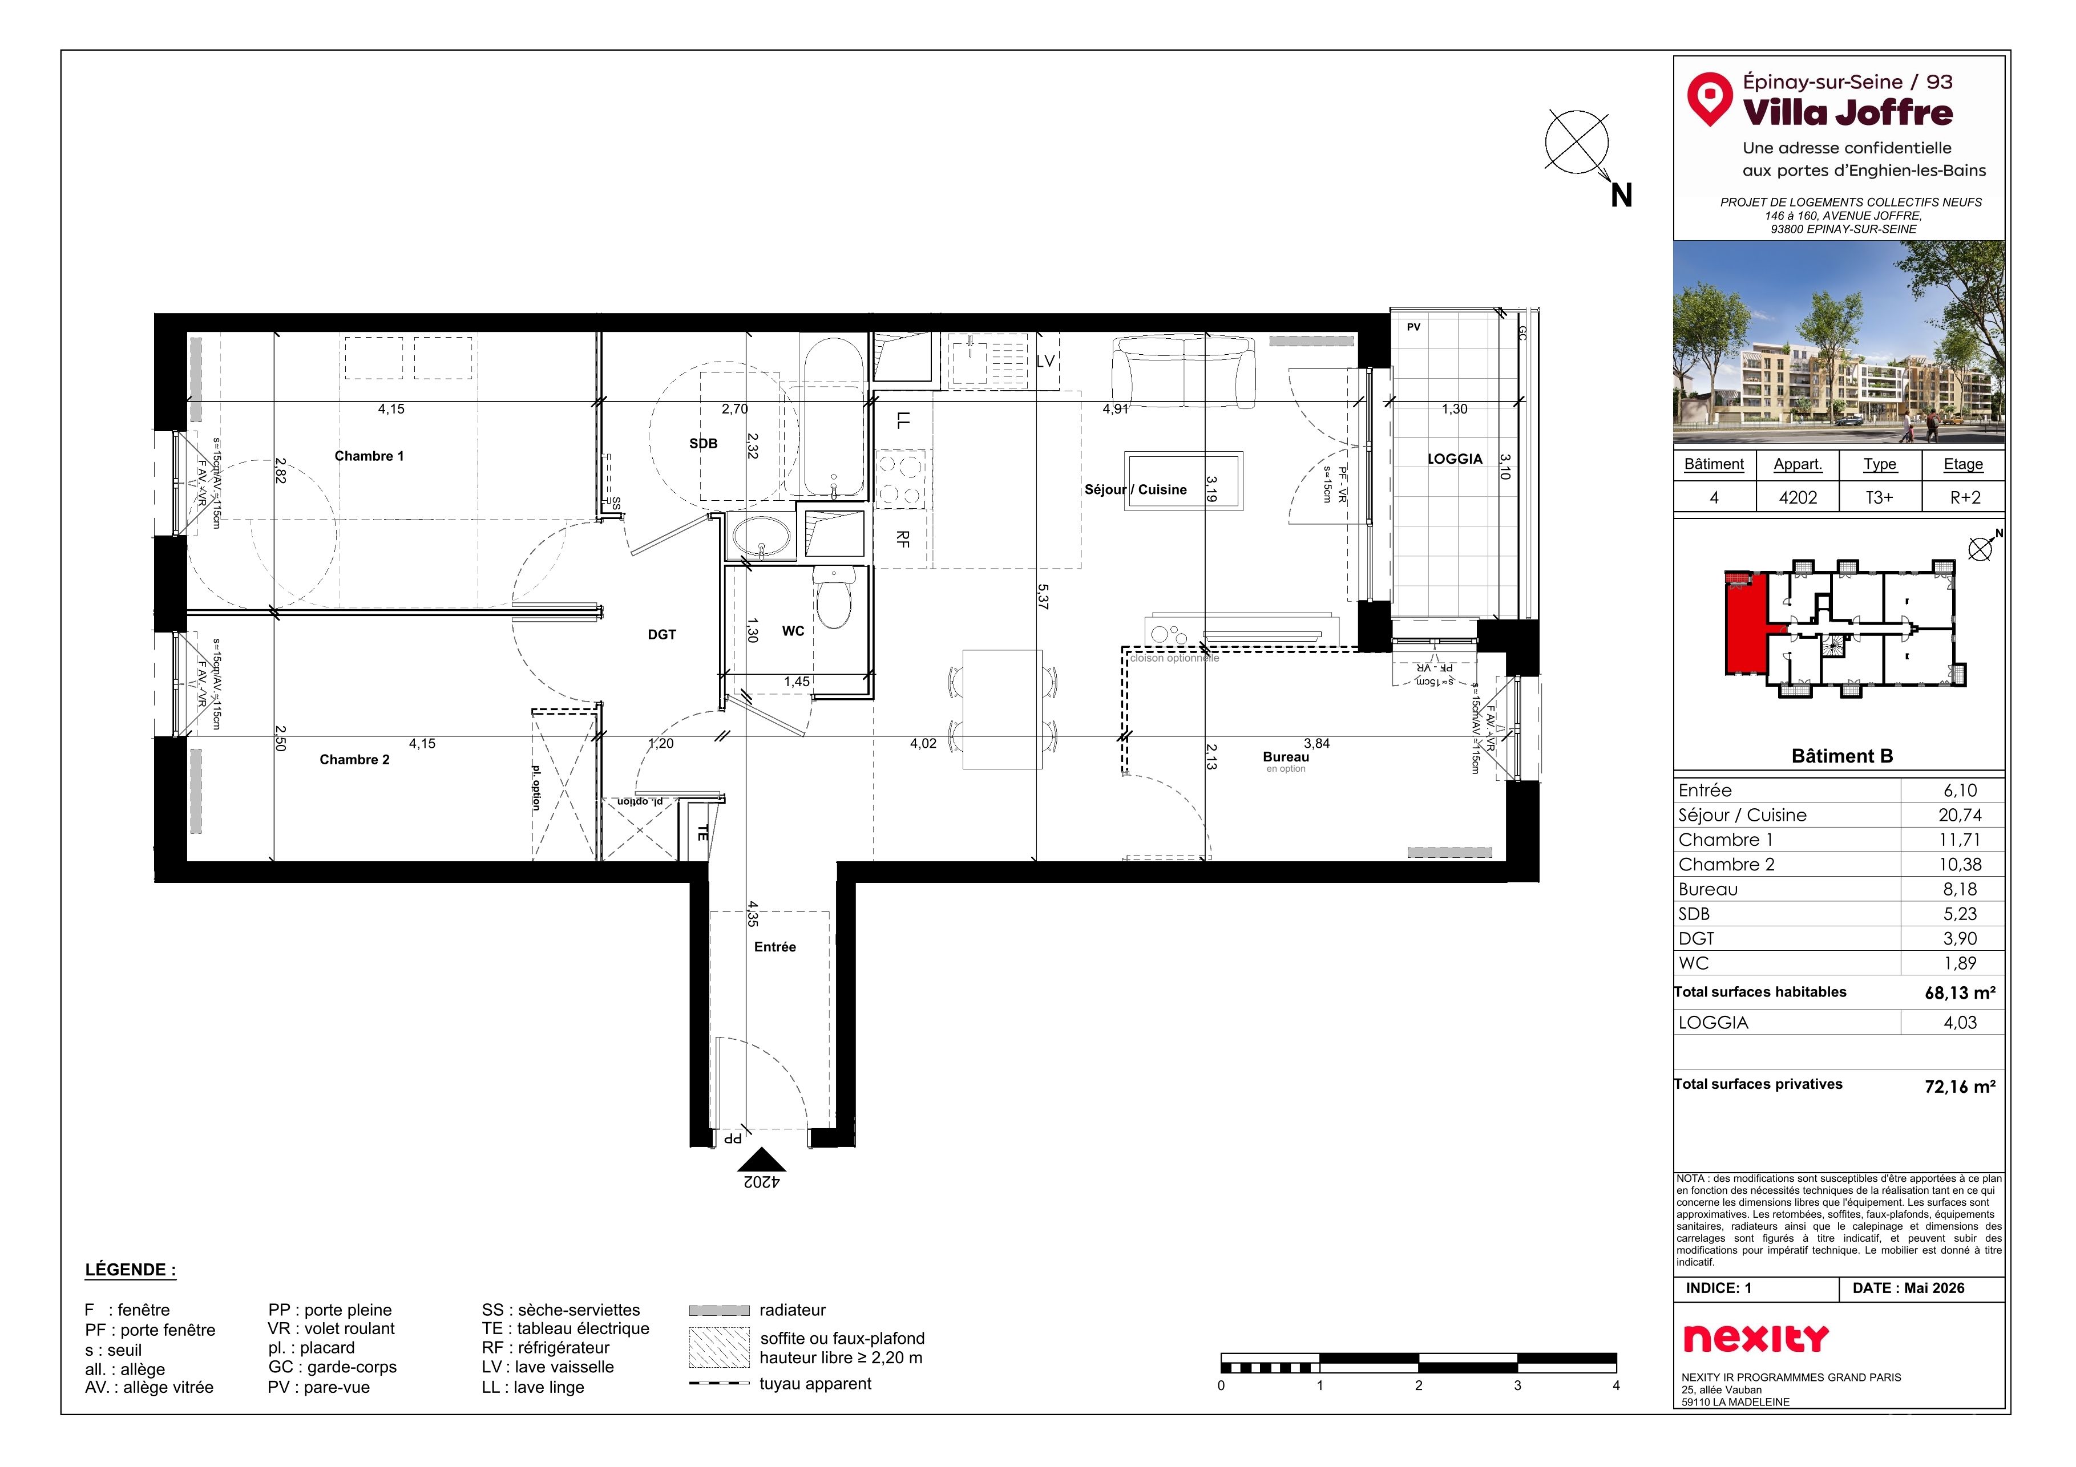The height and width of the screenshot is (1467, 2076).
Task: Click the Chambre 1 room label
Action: point(369,456)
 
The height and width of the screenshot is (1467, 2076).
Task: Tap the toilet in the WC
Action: point(833,597)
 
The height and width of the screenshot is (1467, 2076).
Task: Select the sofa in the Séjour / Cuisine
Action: point(1184,371)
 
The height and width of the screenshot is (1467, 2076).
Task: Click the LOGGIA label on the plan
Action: point(1455,459)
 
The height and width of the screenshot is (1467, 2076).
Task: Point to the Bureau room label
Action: point(1286,757)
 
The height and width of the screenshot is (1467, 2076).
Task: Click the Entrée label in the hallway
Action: point(775,946)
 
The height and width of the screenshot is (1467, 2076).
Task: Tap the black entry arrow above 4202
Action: point(761,1160)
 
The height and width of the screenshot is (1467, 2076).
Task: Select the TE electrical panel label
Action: point(702,833)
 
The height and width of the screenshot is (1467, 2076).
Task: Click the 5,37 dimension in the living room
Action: point(1044,597)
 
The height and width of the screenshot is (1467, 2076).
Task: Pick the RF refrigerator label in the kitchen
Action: point(902,538)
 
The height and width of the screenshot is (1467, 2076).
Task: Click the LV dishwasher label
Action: point(1045,360)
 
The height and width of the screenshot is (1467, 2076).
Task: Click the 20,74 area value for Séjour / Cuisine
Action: point(1960,815)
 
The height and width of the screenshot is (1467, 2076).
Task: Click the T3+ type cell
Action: point(1879,497)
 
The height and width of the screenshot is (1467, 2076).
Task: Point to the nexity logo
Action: point(1756,1338)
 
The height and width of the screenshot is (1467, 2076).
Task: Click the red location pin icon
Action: point(1709,98)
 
